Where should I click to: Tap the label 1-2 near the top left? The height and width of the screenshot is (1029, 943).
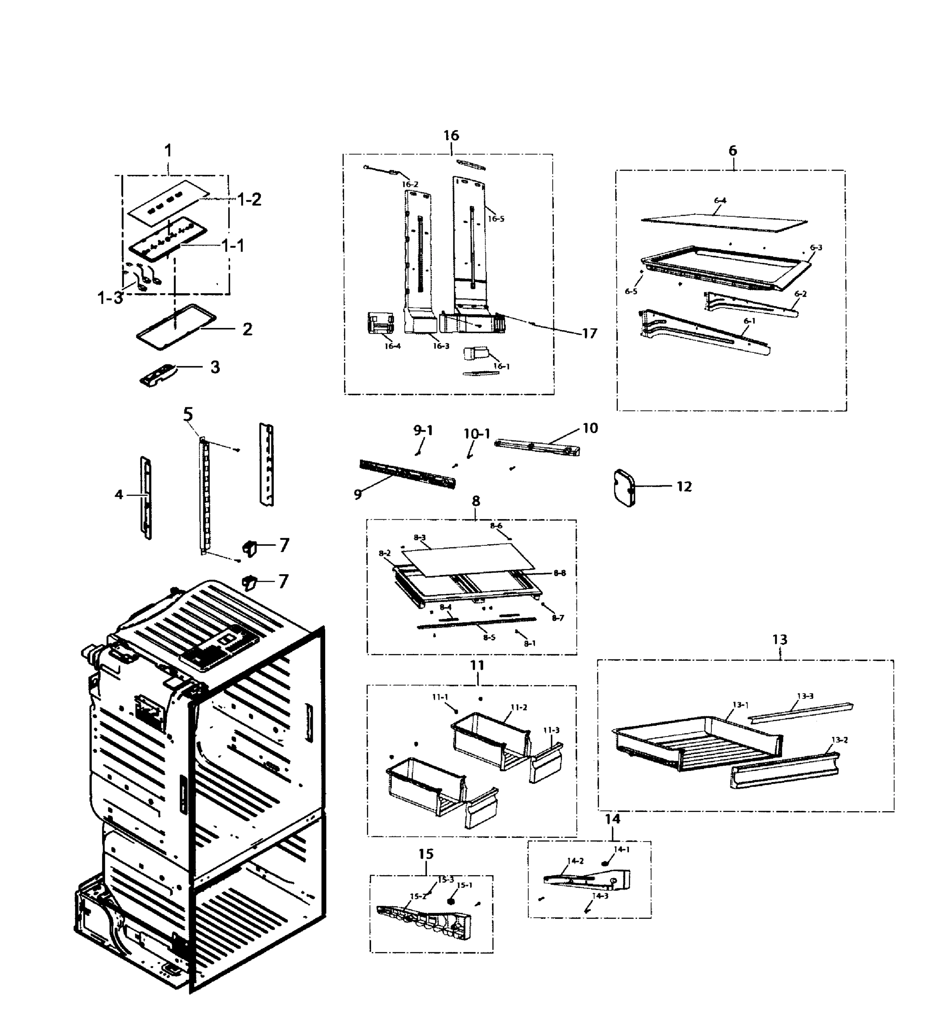coord(249,199)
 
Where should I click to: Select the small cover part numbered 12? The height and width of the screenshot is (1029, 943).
coord(623,487)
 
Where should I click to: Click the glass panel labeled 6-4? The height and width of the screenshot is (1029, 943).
coord(724,219)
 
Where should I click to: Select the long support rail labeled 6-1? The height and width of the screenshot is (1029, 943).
coord(705,332)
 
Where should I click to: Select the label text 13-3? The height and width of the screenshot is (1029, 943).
coord(805,696)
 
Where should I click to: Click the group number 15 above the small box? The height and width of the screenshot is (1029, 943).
coord(426,854)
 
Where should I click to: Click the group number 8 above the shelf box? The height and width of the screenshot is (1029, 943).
coord(476,501)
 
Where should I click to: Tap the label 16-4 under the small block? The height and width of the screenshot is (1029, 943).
coord(392,346)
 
